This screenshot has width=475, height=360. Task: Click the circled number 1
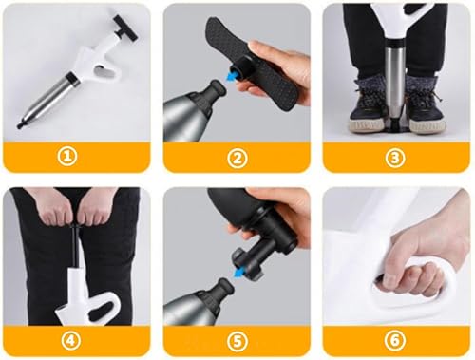(x=67, y=157)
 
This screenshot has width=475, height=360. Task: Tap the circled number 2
(x=237, y=158)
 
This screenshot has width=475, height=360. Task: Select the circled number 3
(x=395, y=158)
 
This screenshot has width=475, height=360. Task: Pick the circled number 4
(x=70, y=340)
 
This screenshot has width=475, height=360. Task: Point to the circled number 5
(x=237, y=341)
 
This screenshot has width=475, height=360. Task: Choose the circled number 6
(x=395, y=340)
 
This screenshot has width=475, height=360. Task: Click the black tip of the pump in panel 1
(x=21, y=124)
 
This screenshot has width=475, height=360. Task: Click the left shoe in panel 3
(x=369, y=106)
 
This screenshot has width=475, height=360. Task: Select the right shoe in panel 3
(x=426, y=106)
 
